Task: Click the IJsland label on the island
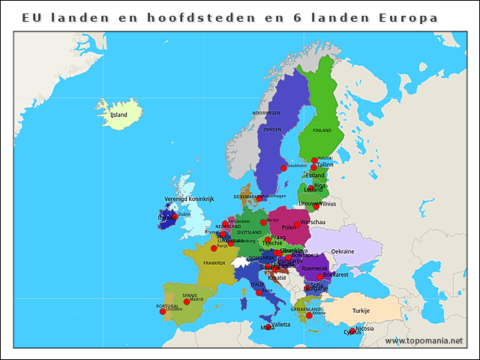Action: pos(118,115)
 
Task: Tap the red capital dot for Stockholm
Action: pos(283,168)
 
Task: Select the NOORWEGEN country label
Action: pos(266,112)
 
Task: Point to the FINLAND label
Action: pos(322,130)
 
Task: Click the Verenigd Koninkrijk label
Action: pos(189,199)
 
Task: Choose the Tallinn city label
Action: pos(325,165)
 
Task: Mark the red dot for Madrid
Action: pos(187,301)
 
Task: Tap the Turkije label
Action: pos(362,310)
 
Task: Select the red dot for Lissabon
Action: pos(163,311)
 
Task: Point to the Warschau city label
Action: pos(312,223)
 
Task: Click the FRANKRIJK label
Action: pos(214,263)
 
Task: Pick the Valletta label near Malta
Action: pos(280,324)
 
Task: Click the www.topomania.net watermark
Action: pos(424,340)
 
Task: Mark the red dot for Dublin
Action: pos(175,217)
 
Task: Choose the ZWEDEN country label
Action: pos(272,129)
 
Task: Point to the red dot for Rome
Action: pos(259,292)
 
